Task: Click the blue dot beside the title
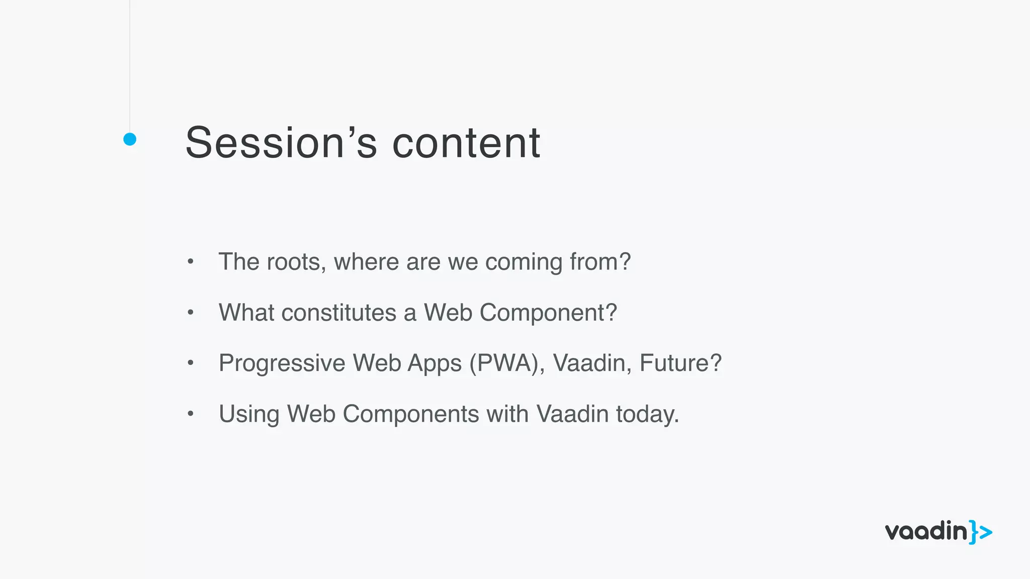pyautogui.click(x=130, y=139)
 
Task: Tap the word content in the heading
pyautogui.click(x=466, y=143)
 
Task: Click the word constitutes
pyautogui.click(x=338, y=313)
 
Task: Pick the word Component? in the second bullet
pyautogui.click(x=548, y=313)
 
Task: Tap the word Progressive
pyautogui.click(x=282, y=363)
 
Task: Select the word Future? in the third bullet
pyautogui.click(x=680, y=363)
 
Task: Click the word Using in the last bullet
pyautogui.click(x=248, y=415)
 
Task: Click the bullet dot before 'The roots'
pyautogui.click(x=190, y=261)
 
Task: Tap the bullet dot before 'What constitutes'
pyautogui.click(x=190, y=312)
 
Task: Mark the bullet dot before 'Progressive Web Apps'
pyautogui.click(x=190, y=363)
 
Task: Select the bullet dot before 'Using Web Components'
pyautogui.click(x=190, y=414)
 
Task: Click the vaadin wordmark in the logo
pyautogui.click(x=926, y=532)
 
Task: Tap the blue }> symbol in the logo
pyautogui.click(x=981, y=532)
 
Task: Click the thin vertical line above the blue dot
pyautogui.click(x=130, y=65)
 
